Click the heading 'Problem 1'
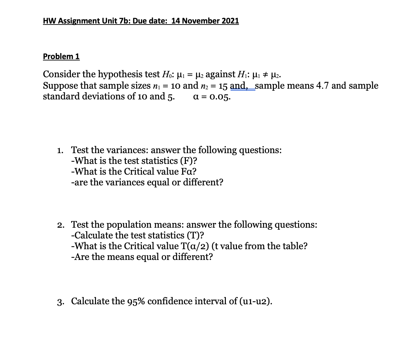61,56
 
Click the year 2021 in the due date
230,21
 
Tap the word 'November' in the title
200,21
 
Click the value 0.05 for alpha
219,97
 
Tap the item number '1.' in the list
61,150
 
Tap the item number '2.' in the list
61,225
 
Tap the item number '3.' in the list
61,301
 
